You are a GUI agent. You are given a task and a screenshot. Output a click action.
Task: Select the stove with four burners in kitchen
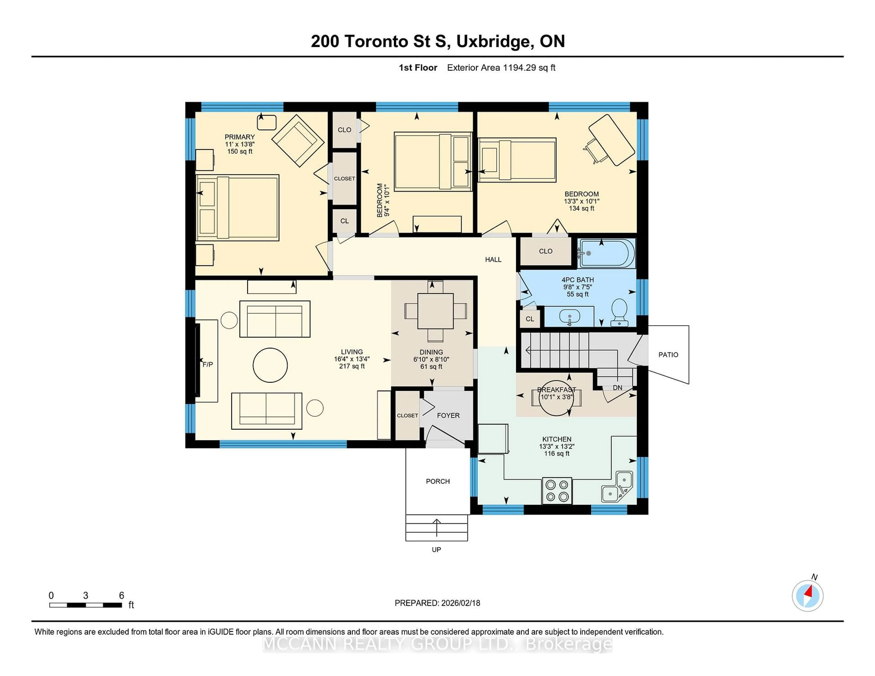557,491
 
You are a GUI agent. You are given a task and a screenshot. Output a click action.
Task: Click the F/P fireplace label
208,364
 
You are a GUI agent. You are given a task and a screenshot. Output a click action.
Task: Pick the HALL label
493,259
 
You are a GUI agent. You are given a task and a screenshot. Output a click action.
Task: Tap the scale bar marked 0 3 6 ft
86,605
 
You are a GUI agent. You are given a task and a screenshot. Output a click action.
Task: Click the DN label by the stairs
617,388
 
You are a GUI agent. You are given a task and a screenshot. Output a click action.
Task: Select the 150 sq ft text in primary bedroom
239,151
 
